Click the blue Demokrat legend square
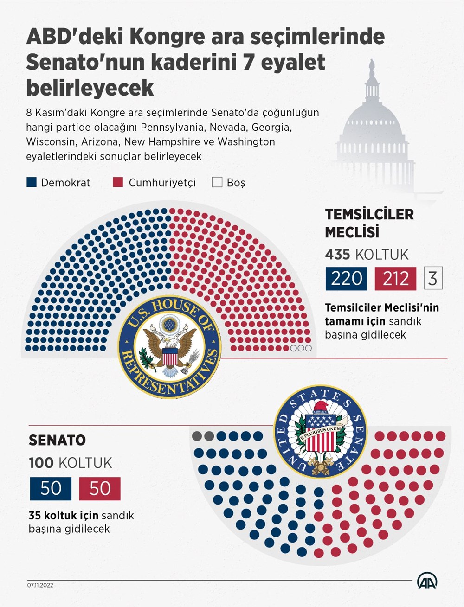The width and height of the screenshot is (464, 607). point(32,182)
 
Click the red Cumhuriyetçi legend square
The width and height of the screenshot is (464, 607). point(118,182)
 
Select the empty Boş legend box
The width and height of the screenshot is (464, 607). point(217,182)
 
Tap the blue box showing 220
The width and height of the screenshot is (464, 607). point(346,279)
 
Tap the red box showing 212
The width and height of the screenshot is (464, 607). point(395,279)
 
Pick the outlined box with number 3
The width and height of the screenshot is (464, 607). point(433,278)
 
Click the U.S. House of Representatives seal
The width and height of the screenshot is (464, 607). point(169,348)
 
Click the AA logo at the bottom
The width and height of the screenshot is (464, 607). point(426,581)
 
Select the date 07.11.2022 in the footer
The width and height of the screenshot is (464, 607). point(40,585)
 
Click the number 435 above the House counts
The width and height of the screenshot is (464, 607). point(338,254)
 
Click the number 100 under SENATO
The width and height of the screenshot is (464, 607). point(41,463)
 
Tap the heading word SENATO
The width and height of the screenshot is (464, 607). point(57,440)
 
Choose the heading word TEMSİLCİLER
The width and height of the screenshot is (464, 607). point(369,214)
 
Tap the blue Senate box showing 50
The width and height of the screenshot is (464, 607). point(51,489)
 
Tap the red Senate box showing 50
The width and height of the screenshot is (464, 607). point(100,489)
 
